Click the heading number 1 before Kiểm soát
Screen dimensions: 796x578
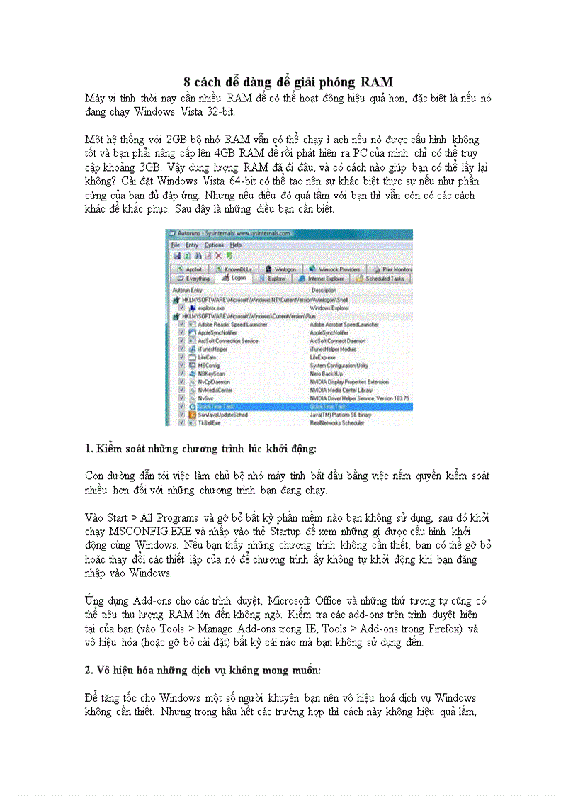click(87, 449)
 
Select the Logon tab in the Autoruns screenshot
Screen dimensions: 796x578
click(235, 279)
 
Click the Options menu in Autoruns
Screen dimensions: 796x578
click(214, 245)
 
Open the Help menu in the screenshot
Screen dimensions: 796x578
click(236, 245)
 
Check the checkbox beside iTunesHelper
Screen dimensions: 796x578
click(183, 349)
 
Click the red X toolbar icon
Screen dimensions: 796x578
click(218, 255)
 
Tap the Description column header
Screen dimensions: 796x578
click(324, 291)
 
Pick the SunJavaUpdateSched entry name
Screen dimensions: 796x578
click(222, 415)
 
